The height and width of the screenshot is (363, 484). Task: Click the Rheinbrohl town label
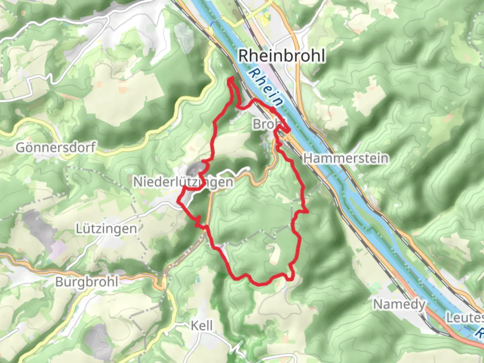click(282, 56)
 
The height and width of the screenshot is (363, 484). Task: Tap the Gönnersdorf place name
click(56, 148)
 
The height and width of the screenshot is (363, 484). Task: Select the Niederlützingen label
click(184, 182)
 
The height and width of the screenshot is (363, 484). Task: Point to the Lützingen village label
click(106, 229)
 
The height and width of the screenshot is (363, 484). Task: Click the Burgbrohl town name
click(87, 282)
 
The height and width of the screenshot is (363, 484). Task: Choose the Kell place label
click(202, 325)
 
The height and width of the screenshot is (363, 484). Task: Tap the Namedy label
click(399, 305)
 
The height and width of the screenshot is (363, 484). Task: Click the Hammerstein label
click(346, 158)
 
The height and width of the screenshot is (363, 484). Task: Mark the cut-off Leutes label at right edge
click(465, 318)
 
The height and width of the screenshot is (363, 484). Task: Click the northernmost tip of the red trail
click(231, 78)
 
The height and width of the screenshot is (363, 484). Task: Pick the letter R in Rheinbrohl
click(244, 56)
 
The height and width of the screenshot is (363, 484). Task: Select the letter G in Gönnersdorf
click(20, 148)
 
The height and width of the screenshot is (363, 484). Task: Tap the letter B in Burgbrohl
click(59, 282)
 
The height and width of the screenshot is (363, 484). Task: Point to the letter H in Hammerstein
click(308, 158)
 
